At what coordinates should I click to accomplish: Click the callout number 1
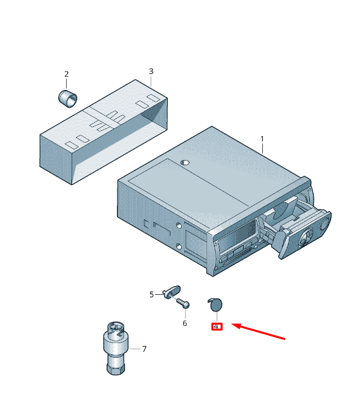(x=262, y=140)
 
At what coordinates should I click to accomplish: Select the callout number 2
(x=67, y=74)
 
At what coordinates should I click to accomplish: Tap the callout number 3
(x=151, y=71)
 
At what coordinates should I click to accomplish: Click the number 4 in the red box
(x=216, y=327)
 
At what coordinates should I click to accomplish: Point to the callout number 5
(x=152, y=295)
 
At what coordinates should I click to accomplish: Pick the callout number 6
(x=185, y=323)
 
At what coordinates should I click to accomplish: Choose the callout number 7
(x=144, y=348)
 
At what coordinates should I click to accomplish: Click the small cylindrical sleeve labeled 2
(x=68, y=99)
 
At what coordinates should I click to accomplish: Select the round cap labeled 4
(x=215, y=305)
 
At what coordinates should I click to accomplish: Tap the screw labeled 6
(x=183, y=303)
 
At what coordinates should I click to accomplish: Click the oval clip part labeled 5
(x=172, y=292)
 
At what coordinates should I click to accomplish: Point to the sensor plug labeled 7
(x=116, y=348)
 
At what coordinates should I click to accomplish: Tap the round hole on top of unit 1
(x=185, y=162)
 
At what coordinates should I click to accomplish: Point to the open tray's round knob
(x=324, y=225)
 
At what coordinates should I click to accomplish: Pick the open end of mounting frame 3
(x=155, y=115)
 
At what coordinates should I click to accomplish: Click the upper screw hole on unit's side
(x=179, y=225)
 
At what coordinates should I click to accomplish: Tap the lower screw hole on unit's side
(x=179, y=247)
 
